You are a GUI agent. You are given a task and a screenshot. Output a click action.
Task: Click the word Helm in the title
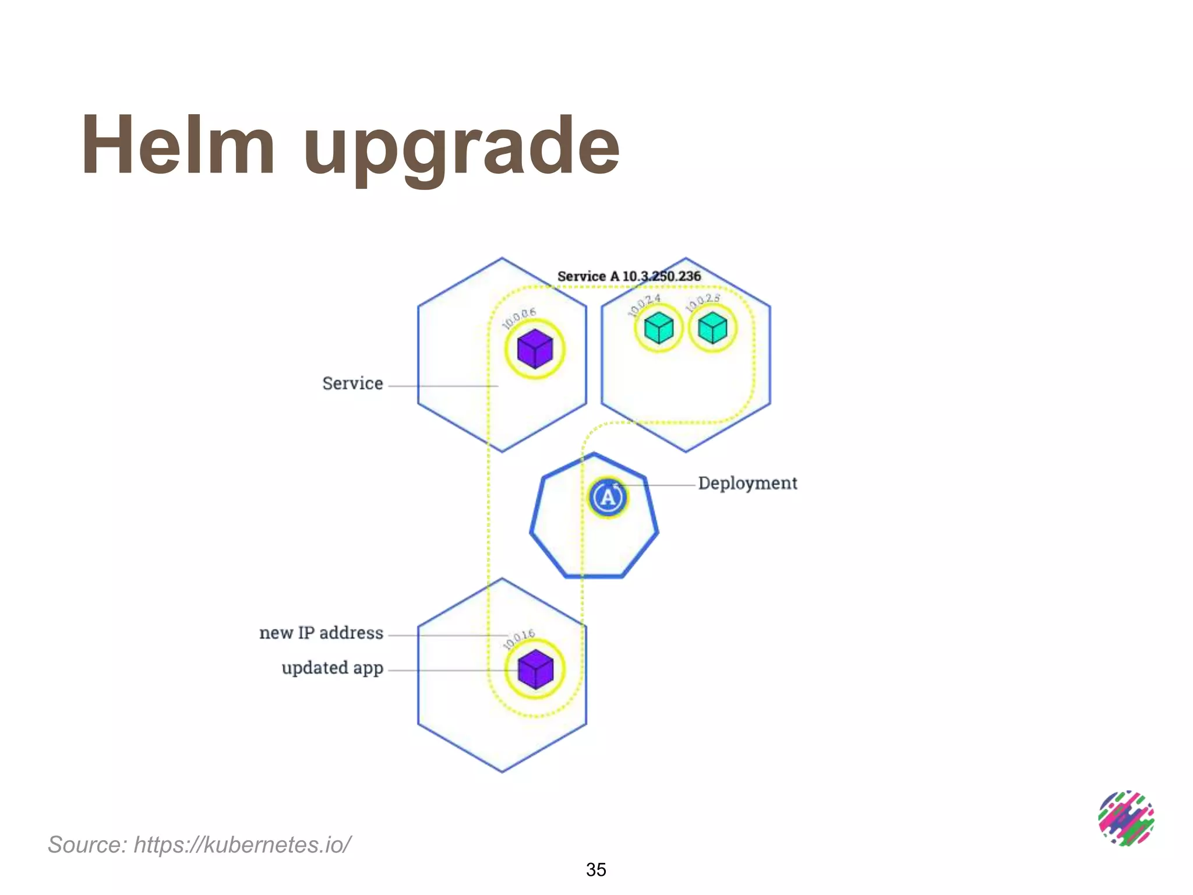[178, 146]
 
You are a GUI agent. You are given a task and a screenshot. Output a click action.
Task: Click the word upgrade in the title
[461, 149]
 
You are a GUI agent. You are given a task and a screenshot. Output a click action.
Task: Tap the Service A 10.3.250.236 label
[629, 276]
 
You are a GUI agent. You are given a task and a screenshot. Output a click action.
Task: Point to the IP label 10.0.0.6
[519, 318]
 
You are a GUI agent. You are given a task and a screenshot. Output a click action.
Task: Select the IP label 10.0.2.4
[644, 305]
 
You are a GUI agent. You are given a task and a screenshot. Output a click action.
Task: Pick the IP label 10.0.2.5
[703, 302]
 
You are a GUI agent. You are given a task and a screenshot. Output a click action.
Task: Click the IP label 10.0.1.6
[518, 639]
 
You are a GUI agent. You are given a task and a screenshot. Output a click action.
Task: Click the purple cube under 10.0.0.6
[535, 349]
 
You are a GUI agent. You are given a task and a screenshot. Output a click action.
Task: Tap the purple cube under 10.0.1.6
[535, 669]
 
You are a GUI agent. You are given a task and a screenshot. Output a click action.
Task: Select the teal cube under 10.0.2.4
[659, 328]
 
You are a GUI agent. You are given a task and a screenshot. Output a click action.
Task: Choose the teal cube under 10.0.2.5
[712, 328]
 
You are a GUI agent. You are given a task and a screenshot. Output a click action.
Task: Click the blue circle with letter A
[608, 498]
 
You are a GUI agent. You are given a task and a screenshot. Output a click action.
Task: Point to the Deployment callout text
[747, 483]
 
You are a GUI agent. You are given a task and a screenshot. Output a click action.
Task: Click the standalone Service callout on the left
[352, 383]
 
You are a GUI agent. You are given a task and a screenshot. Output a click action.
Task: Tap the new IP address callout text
[321, 633]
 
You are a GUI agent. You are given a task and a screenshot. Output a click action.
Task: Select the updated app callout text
[332, 668]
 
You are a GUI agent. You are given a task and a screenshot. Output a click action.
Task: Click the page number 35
[596, 869]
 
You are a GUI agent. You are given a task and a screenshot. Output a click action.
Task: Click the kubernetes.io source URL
[242, 844]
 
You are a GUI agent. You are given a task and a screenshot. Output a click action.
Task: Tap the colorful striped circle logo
[1125, 818]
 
